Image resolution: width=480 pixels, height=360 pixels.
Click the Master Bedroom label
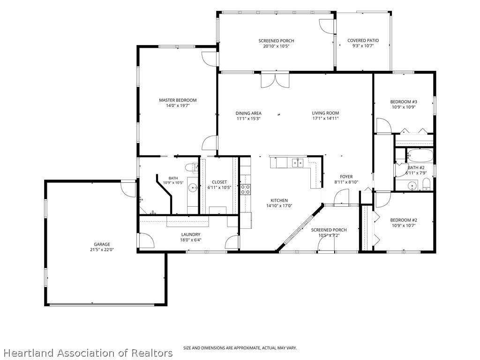pyautogui.click(x=178, y=100)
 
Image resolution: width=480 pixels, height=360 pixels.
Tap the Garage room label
pyautogui.click(x=102, y=244)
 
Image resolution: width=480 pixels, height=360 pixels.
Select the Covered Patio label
pyautogui.click(x=363, y=40)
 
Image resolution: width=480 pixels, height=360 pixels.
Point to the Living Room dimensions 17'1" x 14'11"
pyautogui.click(x=325, y=119)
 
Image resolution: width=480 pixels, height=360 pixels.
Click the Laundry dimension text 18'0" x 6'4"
pyautogui.click(x=190, y=240)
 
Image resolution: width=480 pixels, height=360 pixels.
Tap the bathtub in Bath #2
pyautogui.click(x=420, y=156)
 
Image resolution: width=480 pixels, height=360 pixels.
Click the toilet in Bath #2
pyautogui.click(x=426, y=184)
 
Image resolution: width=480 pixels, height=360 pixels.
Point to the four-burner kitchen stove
pyautogui.click(x=246, y=189)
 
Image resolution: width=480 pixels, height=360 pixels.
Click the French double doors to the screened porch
pyautogui.click(x=275, y=80)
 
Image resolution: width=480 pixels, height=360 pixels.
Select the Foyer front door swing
pyautogui.click(x=341, y=196)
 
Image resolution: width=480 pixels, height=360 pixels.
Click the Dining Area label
pyautogui.click(x=248, y=113)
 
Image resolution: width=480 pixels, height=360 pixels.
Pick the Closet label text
pyautogui.click(x=219, y=182)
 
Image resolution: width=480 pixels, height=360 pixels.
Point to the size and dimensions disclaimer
pyautogui.click(x=240, y=348)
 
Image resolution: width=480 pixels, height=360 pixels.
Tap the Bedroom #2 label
pyautogui.click(x=404, y=220)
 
